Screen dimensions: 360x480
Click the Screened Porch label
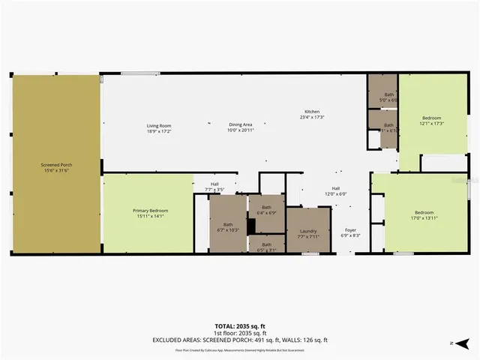pos(56,164)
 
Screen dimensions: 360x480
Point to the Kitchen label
pos(311,112)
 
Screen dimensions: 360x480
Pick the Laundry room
pos(307,231)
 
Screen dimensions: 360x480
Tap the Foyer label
pos(350,230)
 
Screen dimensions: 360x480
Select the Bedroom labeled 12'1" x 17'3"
pos(431,120)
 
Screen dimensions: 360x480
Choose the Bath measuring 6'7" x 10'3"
pos(228,225)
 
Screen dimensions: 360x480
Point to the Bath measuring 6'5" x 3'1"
pos(266,245)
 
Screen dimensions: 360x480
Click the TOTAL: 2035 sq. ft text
pos(241,326)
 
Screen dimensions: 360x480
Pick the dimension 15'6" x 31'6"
pos(56,169)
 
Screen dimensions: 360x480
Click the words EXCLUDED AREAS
pos(178,339)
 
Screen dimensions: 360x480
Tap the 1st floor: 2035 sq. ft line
pos(241,333)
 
